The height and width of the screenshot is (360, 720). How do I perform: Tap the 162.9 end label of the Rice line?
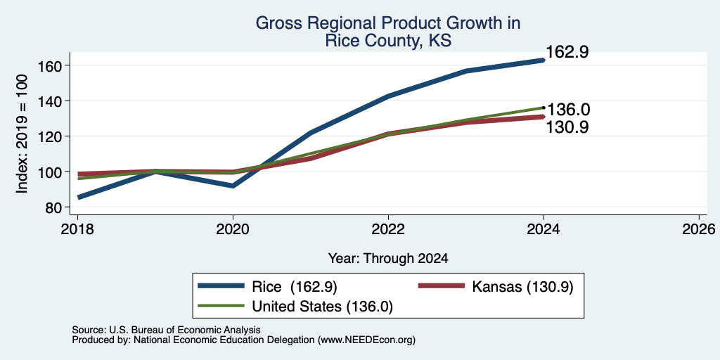pos(567,52)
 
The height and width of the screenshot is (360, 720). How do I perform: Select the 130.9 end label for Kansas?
pos(567,127)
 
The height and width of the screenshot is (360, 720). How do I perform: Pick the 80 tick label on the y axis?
pos(53,207)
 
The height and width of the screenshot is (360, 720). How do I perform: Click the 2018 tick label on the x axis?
pos(77,229)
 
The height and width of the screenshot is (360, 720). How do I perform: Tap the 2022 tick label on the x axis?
pos(388,229)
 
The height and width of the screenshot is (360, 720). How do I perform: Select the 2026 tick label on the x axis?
pos(699,229)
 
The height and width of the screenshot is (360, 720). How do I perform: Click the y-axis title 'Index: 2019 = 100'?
pos(22,134)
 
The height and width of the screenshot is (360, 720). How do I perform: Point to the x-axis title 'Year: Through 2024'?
pos(388,259)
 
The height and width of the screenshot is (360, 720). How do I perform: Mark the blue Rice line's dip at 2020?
pos(233,186)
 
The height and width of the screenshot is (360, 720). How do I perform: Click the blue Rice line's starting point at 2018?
pos(79,198)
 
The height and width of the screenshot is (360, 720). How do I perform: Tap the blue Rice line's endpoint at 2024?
pos(544,60)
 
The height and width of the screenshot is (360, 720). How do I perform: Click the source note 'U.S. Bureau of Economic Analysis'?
pos(185,330)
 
